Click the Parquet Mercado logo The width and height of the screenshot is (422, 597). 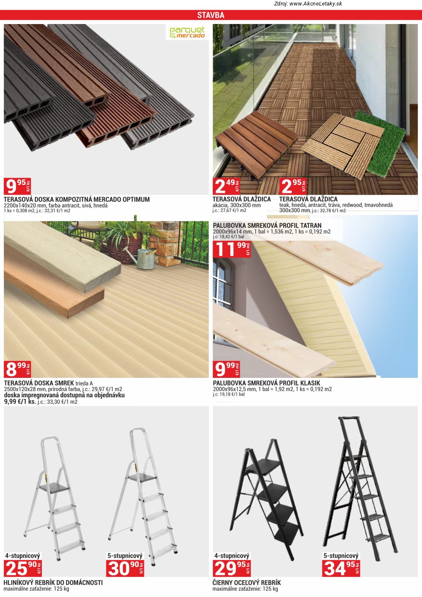tap(187, 32)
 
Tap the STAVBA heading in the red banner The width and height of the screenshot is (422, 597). tap(211, 15)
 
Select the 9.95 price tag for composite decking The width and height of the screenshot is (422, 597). tap(17, 186)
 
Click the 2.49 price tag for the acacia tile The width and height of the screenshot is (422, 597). tap(226, 186)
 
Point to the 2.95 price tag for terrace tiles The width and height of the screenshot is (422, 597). tap(293, 186)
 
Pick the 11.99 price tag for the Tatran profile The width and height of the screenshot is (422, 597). tap(232, 249)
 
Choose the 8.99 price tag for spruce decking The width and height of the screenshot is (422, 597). tap(17, 369)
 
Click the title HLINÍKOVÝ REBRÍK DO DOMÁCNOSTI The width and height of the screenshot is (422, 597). tap(53, 583)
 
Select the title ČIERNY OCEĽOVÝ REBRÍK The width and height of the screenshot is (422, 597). tap(247, 583)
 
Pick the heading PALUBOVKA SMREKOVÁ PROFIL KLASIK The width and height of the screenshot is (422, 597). tap(266, 383)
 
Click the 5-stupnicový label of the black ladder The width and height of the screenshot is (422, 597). tap(341, 556)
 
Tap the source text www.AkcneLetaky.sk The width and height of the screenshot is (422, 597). tap(316, 4)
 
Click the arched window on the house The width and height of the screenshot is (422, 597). tap(222, 283)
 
